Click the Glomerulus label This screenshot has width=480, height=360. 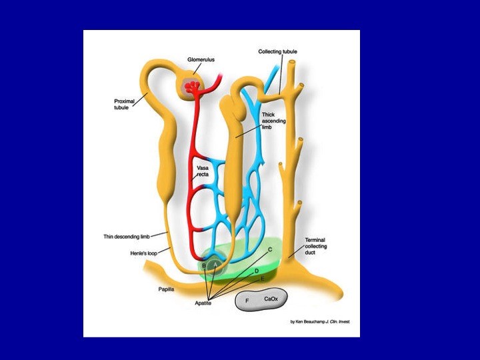point(201,60)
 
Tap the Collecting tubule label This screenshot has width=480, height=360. point(277,51)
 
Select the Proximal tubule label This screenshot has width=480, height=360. point(124,104)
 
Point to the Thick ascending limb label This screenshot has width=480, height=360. point(273,121)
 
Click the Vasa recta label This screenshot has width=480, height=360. point(203,171)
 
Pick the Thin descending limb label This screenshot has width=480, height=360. point(127,237)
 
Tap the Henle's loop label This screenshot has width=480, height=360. point(143,253)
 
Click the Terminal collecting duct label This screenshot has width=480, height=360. point(315,246)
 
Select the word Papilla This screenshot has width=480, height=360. point(166,289)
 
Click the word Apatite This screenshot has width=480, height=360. point(203,303)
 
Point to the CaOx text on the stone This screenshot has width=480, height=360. point(271,299)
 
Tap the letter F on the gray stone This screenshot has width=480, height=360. point(247,301)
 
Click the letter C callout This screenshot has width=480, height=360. point(270,249)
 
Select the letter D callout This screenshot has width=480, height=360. point(257,271)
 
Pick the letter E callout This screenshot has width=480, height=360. point(263,279)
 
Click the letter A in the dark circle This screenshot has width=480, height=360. point(215,264)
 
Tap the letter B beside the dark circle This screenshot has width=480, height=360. point(204,265)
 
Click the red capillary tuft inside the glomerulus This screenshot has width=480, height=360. point(192,86)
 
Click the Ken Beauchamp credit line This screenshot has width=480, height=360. point(320,322)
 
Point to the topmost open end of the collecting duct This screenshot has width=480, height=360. point(293,62)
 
